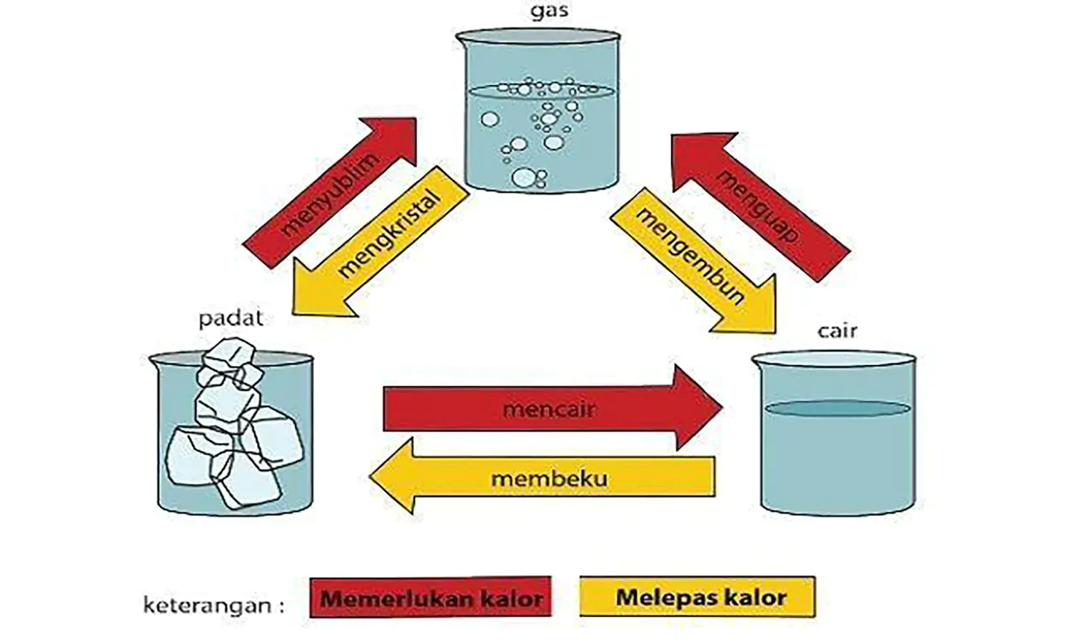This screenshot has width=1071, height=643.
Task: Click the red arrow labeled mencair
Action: coord(550,409)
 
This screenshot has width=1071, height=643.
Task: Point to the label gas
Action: coord(549,12)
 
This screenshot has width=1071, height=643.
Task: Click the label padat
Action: coord(231,318)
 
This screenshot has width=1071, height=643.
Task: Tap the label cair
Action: coord(837,331)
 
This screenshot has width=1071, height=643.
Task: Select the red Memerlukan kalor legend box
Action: coord(431,597)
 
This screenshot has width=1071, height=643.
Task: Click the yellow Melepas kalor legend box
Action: coord(697,597)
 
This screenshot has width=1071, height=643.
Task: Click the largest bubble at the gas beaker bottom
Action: coord(523,176)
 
